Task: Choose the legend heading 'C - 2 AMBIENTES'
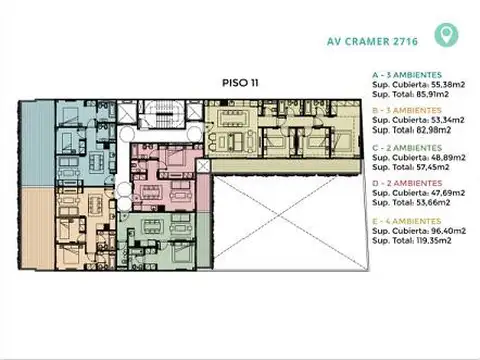[x=404, y=146]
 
